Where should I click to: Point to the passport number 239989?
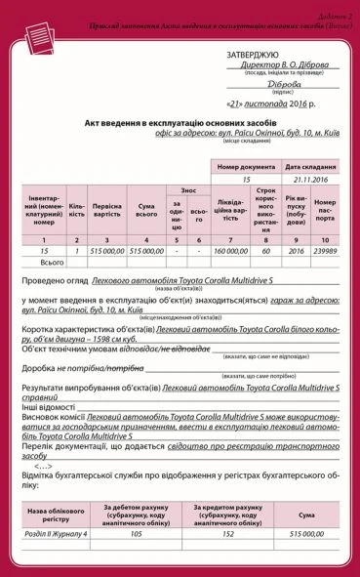(324, 251)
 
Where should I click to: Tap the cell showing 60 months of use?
(265, 251)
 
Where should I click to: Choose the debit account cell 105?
(137, 535)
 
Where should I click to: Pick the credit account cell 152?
(227, 535)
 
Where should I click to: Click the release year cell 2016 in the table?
(296, 251)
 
